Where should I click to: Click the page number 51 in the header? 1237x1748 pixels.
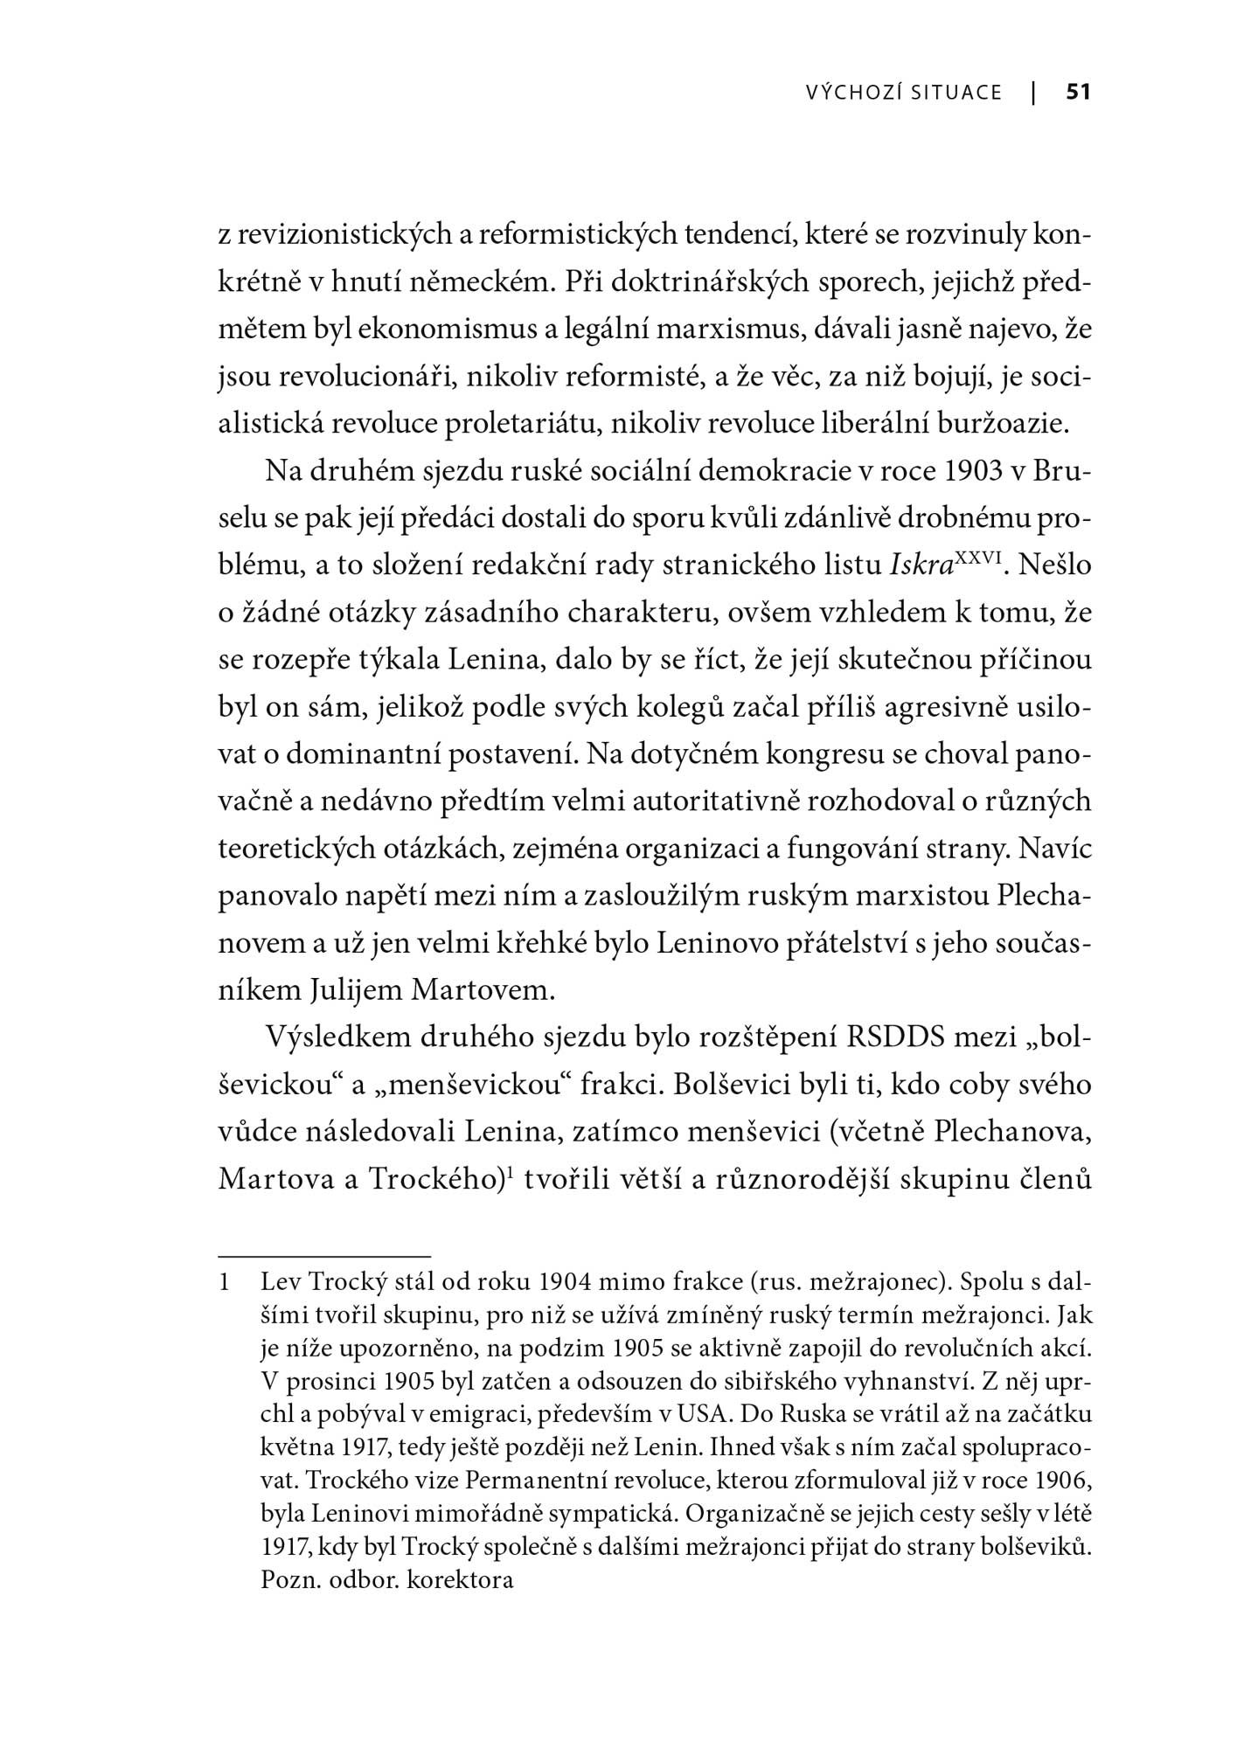tap(1078, 92)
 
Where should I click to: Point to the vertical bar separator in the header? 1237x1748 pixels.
tap(1034, 92)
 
